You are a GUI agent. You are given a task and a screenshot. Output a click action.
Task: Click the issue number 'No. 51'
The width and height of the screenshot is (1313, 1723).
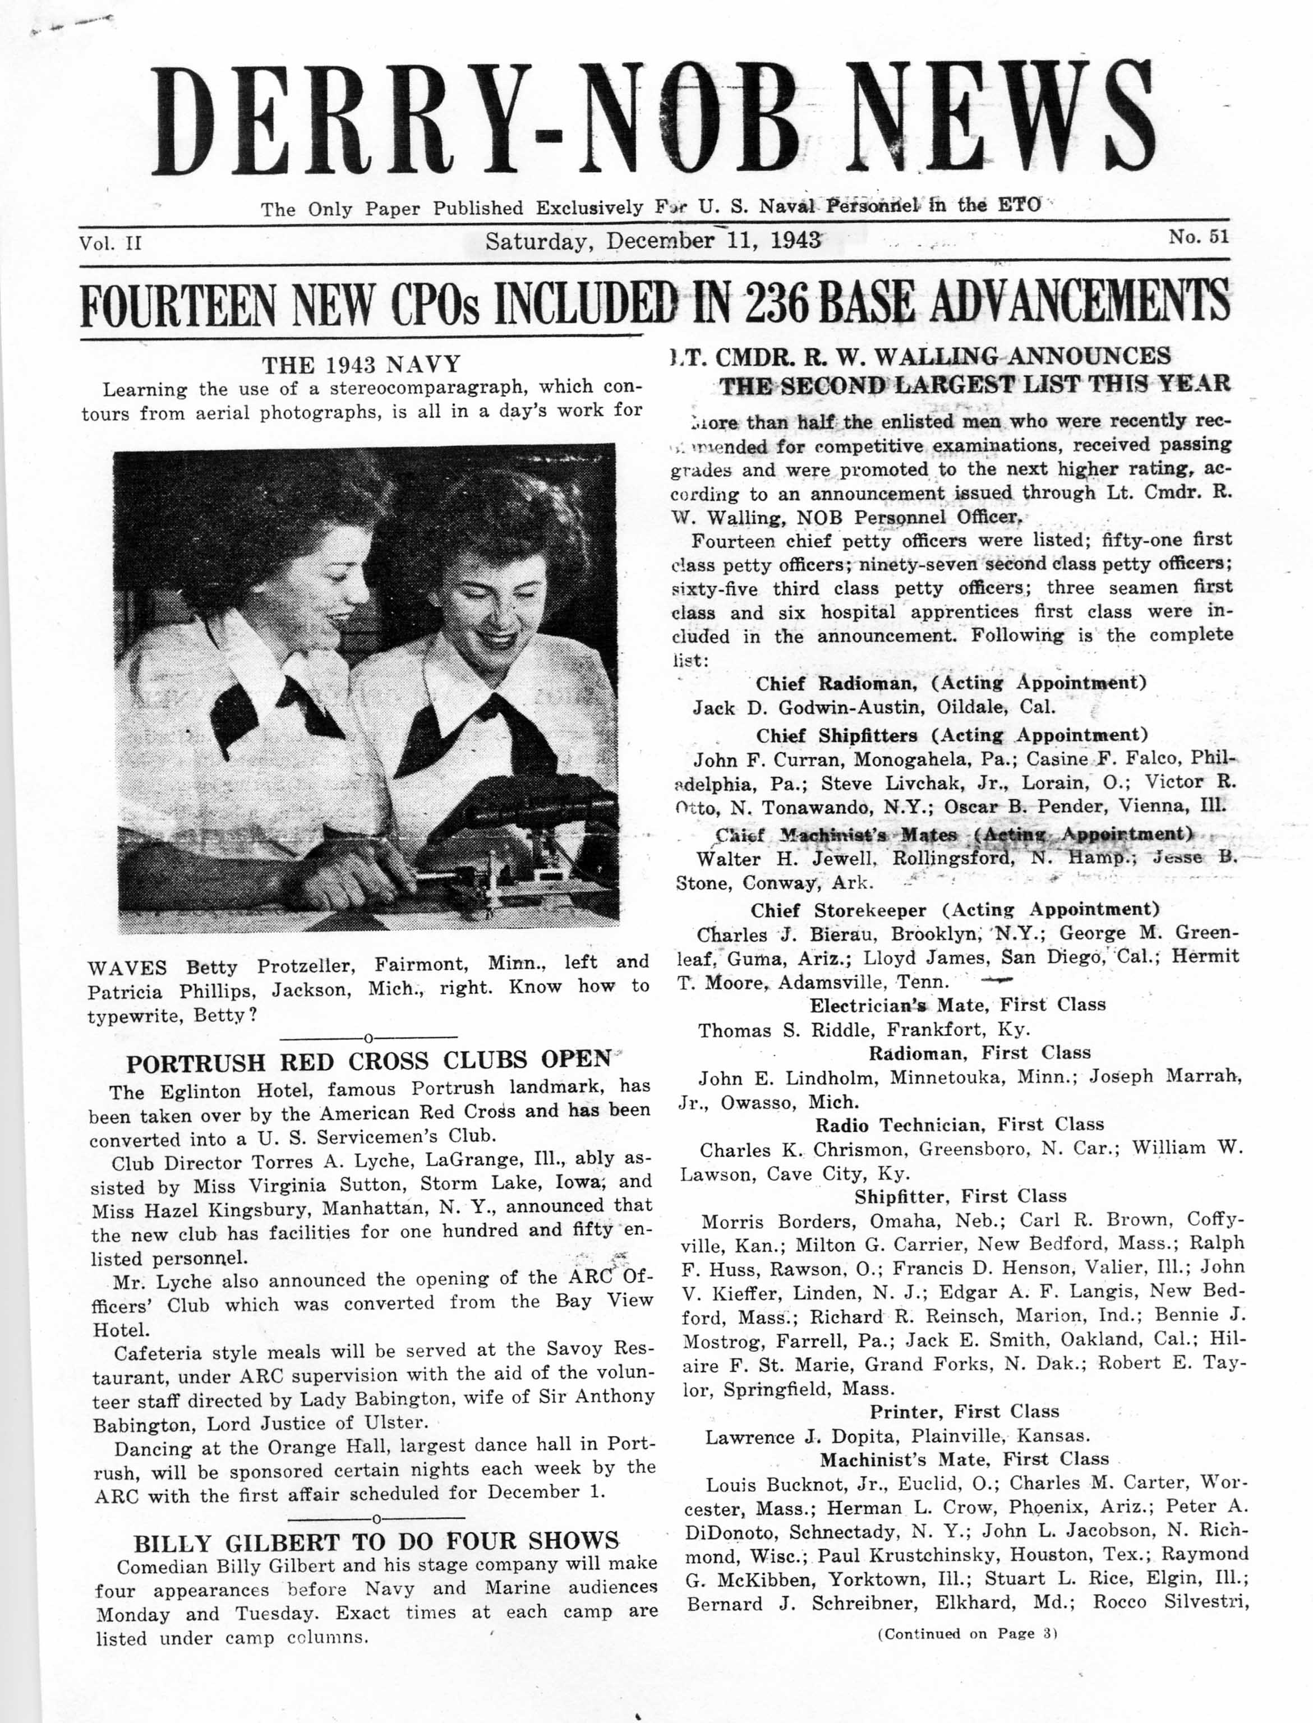click(1198, 236)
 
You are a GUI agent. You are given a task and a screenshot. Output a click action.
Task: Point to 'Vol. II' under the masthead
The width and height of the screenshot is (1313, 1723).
click(109, 242)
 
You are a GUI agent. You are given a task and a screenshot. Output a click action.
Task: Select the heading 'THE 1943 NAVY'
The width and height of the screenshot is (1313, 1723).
click(361, 365)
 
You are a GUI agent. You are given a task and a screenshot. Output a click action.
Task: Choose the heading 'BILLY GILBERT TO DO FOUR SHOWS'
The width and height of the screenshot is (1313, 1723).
click(376, 1542)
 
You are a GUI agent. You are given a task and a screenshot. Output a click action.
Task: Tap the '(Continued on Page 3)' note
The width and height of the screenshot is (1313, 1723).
click(967, 1633)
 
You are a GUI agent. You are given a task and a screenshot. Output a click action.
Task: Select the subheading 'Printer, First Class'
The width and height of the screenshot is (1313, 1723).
click(965, 1411)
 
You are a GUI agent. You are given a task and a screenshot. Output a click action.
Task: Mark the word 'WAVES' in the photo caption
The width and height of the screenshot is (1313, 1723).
click(127, 968)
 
